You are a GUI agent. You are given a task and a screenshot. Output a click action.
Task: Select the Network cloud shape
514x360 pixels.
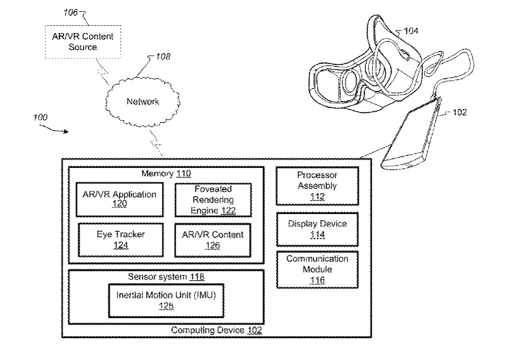(142, 102)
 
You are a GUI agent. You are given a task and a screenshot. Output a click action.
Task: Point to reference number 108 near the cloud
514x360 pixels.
(162, 56)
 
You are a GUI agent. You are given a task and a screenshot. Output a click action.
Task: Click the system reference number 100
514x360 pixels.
(39, 117)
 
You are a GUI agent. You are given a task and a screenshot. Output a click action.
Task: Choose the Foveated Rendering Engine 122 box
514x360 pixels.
(212, 200)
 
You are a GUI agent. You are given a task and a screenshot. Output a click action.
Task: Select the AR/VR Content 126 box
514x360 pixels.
(212, 240)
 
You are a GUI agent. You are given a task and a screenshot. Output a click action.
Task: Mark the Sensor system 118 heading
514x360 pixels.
(166, 276)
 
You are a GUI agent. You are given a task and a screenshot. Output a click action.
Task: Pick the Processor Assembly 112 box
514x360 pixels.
(317, 185)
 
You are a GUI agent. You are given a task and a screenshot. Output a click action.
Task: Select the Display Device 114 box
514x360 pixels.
(317, 229)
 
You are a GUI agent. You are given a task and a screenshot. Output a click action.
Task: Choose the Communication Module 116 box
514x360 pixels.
(317, 269)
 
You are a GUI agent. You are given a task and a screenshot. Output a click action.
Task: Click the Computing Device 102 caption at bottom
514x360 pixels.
(217, 330)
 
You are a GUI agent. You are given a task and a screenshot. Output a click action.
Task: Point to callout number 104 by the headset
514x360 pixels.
(411, 30)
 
